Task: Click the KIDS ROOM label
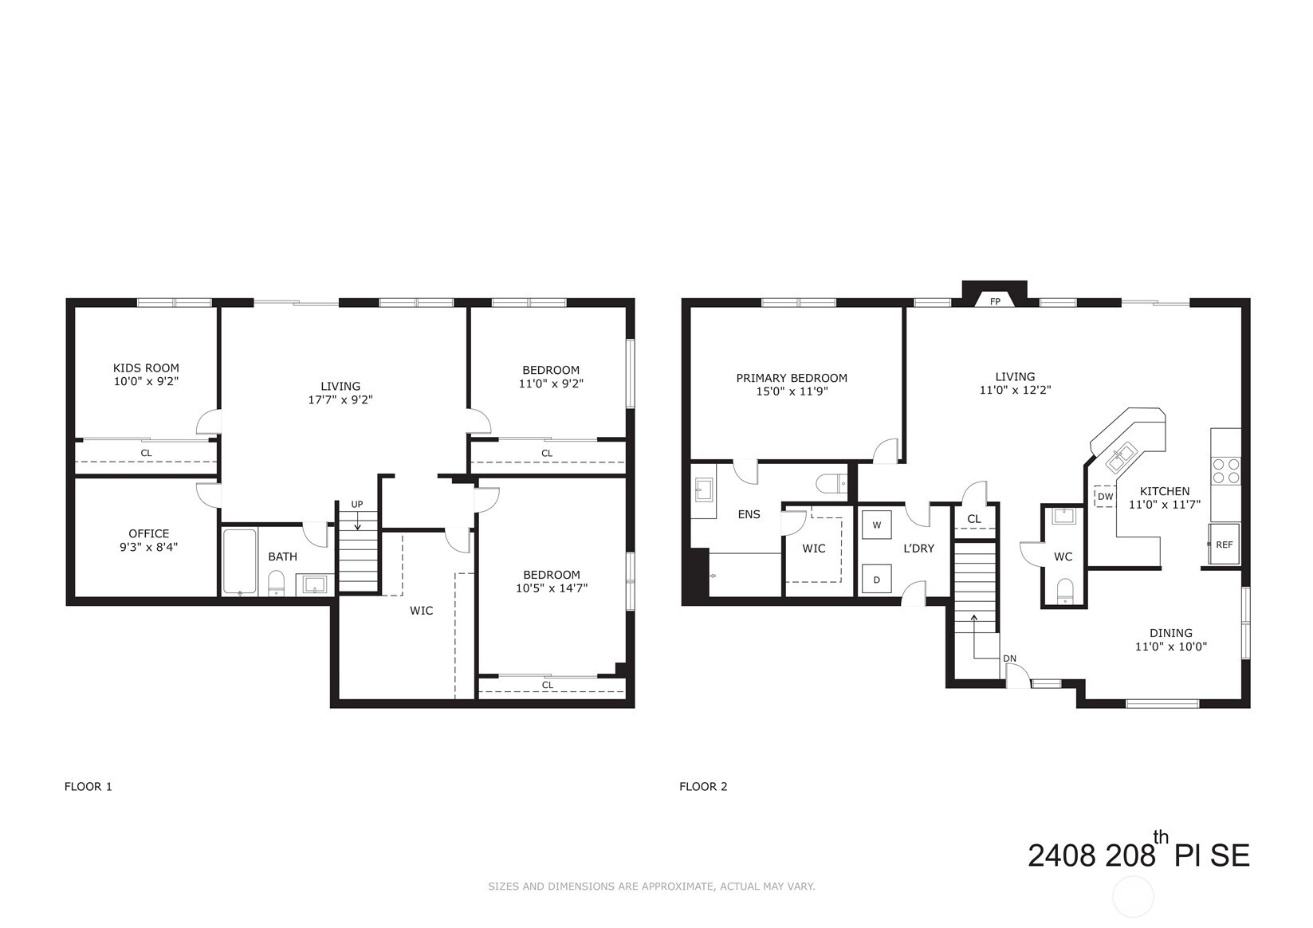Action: (x=146, y=368)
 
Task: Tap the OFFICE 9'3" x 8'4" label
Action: (x=149, y=540)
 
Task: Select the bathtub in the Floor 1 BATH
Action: (x=239, y=562)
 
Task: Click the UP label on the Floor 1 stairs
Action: (x=357, y=505)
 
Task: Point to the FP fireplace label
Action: (x=995, y=302)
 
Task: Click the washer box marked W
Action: (x=877, y=525)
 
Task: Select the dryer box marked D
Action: (x=877, y=580)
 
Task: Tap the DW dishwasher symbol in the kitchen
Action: (x=1105, y=497)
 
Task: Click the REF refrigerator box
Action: (x=1224, y=545)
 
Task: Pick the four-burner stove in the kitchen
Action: (x=1225, y=470)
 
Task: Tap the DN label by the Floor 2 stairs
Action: (x=1009, y=659)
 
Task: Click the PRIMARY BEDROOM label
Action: (x=792, y=378)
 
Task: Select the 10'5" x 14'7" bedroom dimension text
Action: (x=552, y=588)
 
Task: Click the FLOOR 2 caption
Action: (x=703, y=787)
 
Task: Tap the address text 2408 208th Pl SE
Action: (x=1138, y=854)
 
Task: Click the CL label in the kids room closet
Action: (x=146, y=453)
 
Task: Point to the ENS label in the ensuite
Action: (x=749, y=514)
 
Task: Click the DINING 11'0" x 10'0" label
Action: (x=1170, y=639)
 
